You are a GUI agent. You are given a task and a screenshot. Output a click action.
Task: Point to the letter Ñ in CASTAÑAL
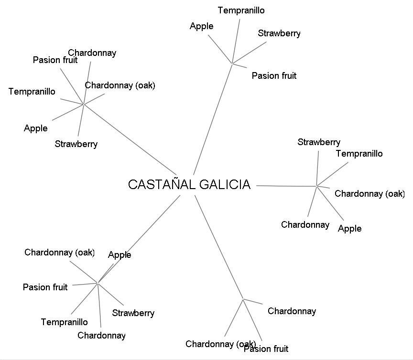[x=174, y=185]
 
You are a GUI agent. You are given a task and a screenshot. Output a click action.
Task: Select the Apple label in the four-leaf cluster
[x=201, y=26]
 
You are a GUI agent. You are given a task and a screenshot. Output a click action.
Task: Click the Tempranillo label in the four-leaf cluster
[x=241, y=11]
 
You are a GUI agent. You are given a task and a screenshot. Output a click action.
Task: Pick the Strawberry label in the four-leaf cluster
[x=279, y=33]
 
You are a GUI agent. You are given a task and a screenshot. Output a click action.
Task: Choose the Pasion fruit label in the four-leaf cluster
[x=274, y=76]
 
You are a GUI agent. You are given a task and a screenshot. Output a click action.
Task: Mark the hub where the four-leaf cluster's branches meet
[x=232, y=64]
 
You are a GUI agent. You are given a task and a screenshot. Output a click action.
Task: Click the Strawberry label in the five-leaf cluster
[x=319, y=142]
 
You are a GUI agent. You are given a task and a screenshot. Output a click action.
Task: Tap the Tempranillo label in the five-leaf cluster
[x=359, y=154]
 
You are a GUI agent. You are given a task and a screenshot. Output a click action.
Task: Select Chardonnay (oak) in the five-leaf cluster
[x=370, y=194]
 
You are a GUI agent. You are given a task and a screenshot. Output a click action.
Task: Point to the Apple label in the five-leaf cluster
[x=349, y=229]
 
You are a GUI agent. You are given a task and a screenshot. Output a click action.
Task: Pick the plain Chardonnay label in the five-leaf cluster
[x=305, y=225]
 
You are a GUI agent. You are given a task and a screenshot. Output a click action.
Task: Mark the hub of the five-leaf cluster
[x=316, y=186]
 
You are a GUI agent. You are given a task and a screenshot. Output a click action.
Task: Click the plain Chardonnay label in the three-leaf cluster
[x=292, y=311]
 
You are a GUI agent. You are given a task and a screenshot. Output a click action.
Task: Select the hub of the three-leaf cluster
[x=243, y=299]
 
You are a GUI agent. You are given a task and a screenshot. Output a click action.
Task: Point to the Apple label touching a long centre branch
[x=120, y=255]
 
